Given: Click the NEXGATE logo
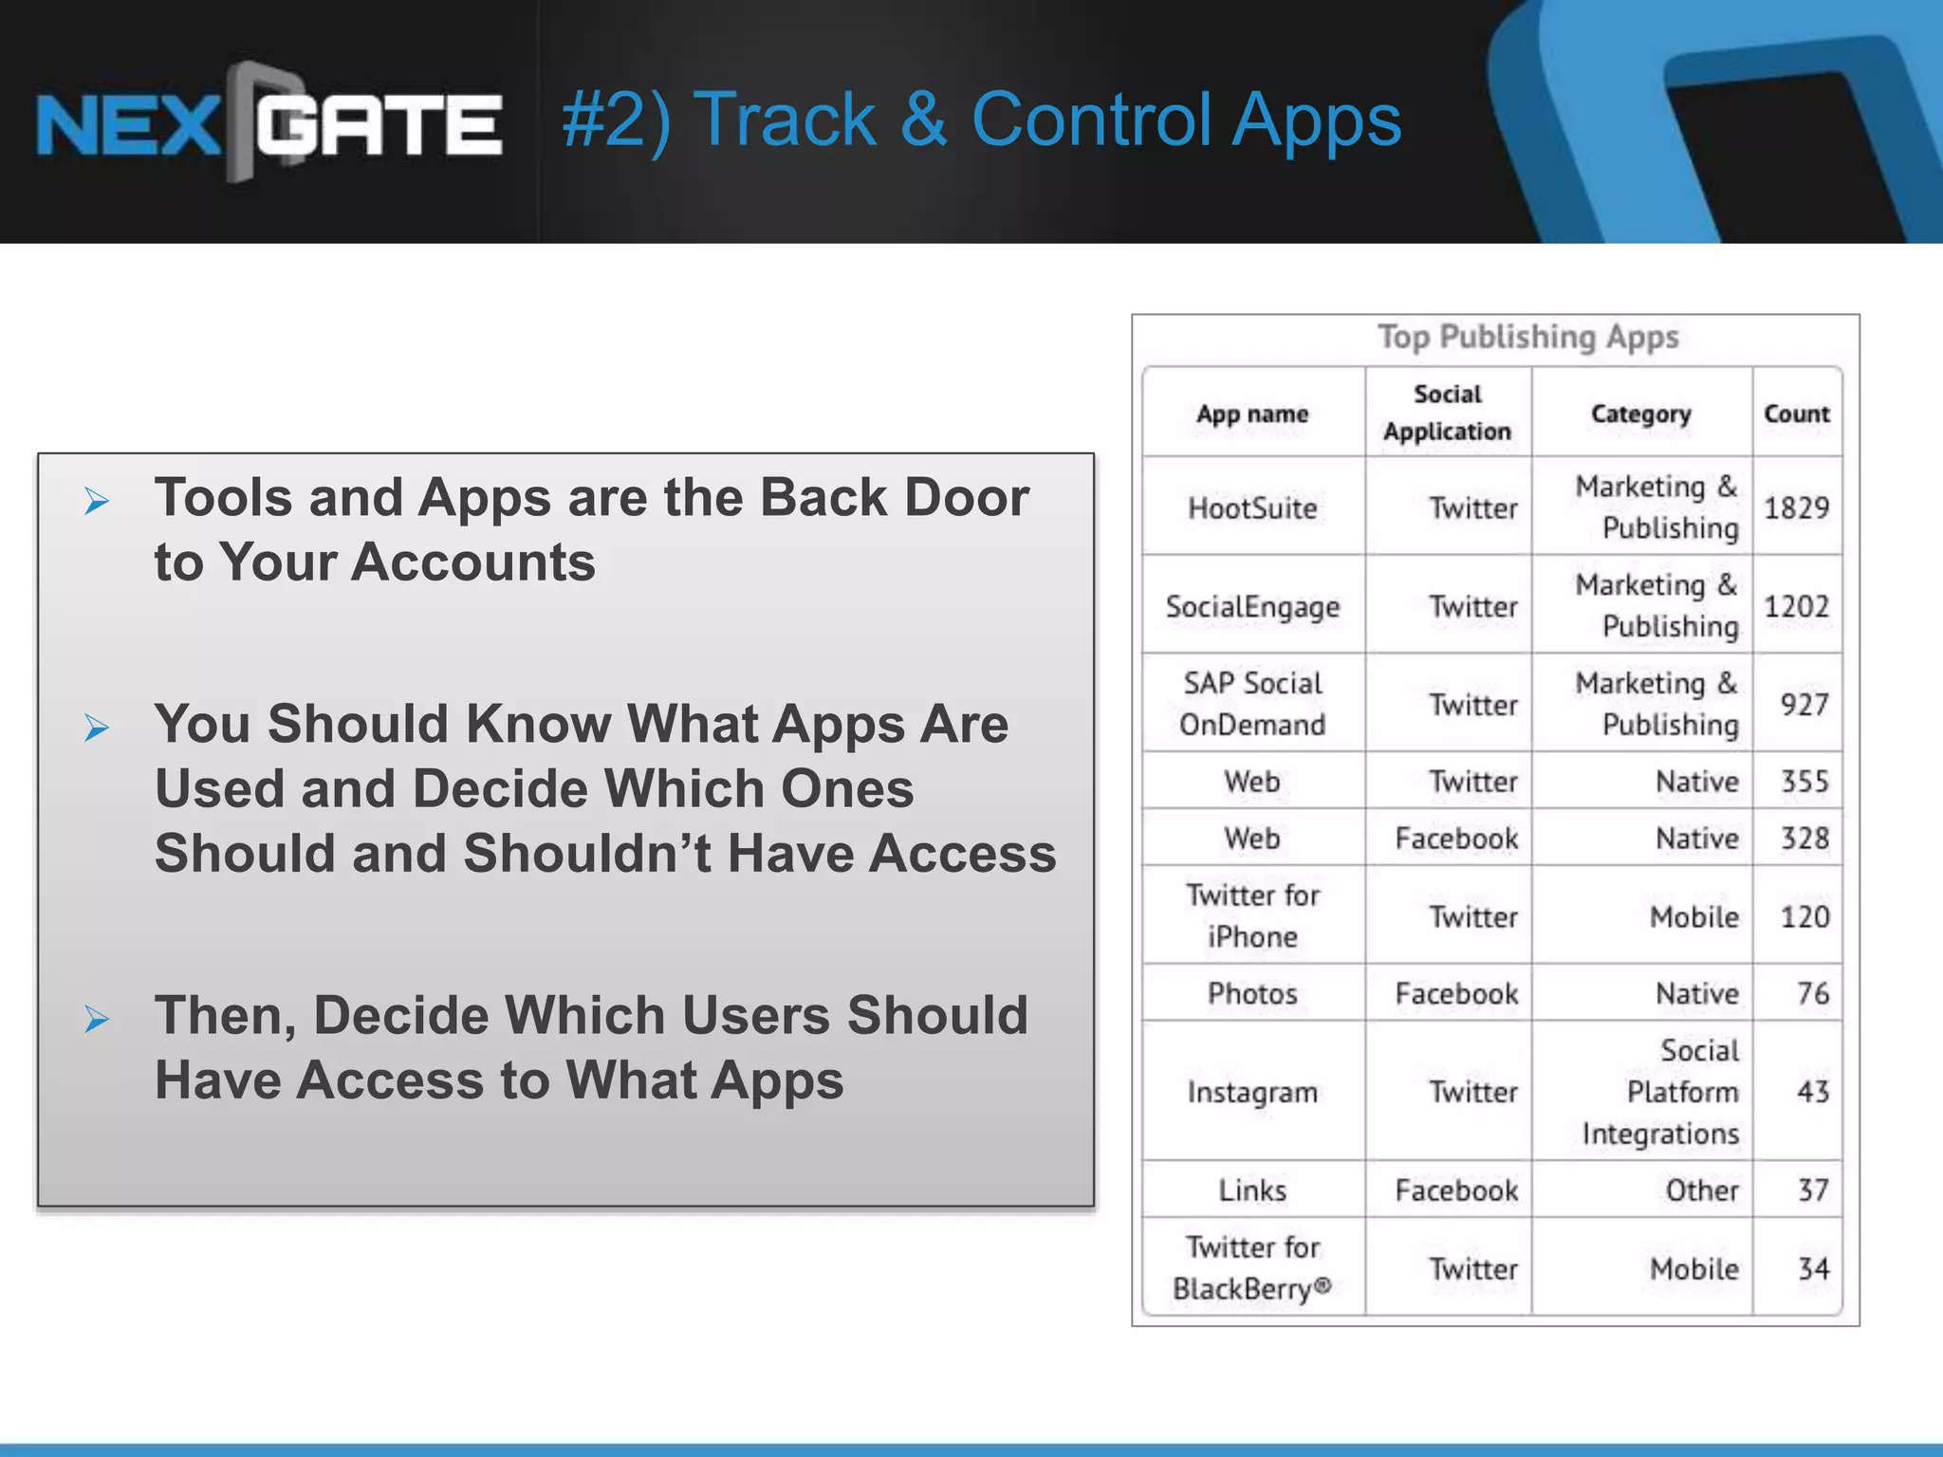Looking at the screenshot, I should click(268, 123).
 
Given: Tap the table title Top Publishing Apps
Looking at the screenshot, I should click(1527, 337).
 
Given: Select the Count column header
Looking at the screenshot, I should click(1796, 414).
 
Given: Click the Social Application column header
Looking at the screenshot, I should click(1447, 413).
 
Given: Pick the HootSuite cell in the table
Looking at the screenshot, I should click(1252, 508).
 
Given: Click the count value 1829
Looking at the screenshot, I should click(1796, 508).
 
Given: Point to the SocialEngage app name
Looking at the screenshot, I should click(1252, 607).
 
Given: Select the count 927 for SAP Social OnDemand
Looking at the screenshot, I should click(1804, 705).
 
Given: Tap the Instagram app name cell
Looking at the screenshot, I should click(1252, 1092).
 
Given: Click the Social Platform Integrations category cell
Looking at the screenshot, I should click(1660, 1092).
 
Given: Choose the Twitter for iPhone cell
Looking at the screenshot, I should click(1252, 916).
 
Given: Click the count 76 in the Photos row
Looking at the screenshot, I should click(1812, 993).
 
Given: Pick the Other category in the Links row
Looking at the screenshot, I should click(1702, 1190).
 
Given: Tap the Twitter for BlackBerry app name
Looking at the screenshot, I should click(1252, 1268).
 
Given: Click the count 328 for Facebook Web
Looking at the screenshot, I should click(1804, 839).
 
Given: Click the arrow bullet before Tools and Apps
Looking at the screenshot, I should click(97, 501).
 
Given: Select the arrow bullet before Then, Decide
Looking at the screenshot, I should click(97, 1020).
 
